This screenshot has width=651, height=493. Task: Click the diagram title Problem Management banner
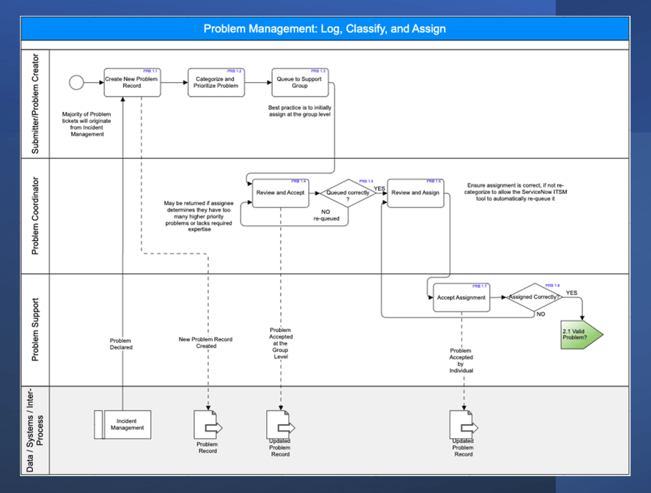tap(325, 29)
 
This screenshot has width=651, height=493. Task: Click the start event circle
tap(76, 82)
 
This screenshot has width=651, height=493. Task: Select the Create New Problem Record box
tap(132, 82)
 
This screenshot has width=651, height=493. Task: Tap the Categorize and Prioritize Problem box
tap(216, 82)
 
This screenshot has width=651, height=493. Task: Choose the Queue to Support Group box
tap(299, 82)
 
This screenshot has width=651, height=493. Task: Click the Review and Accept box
tap(279, 193)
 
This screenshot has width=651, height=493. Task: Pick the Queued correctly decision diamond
tap(347, 193)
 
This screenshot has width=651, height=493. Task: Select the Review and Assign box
tap(416, 193)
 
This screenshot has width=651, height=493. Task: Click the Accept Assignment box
tap(461, 297)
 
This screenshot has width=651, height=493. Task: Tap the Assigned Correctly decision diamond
tap(534, 297)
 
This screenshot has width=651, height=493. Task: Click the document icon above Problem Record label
tap(207, 424)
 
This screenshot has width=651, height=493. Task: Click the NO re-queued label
tap(326, 215)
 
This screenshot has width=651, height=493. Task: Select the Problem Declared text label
tap(121, 344)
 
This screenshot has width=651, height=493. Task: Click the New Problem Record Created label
tap(205, 342)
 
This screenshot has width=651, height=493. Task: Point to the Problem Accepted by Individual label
tap(461, 360)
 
